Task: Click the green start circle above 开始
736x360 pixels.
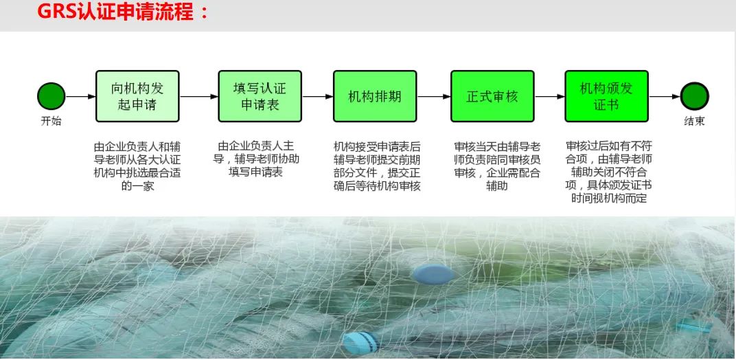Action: (51, 96)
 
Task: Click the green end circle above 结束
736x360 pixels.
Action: (695, 96)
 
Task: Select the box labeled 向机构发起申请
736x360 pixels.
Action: (137, 96)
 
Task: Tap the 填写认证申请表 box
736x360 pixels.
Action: (260, 96)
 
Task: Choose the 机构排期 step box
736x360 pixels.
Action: (375, 96)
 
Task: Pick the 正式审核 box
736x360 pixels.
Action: (492, 96)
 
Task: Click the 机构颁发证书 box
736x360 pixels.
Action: (606, 96)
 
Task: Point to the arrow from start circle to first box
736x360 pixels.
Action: (80, 97)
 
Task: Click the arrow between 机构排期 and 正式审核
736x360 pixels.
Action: (434, 97)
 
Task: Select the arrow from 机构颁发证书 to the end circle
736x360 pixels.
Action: (665, 97)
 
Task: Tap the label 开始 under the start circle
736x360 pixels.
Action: (51, 121)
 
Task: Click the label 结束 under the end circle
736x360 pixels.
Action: (695, 121)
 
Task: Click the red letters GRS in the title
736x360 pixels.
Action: (56, 12)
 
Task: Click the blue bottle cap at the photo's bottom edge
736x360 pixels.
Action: (360, 343)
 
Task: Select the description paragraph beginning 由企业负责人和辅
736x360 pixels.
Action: (137, 166)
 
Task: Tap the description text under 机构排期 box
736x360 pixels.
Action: (376, 166)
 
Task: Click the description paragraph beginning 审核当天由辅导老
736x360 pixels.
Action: (497, 166)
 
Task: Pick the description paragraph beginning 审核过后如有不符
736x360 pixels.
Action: (609, 172)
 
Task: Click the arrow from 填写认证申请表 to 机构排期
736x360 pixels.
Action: (318, 97)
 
